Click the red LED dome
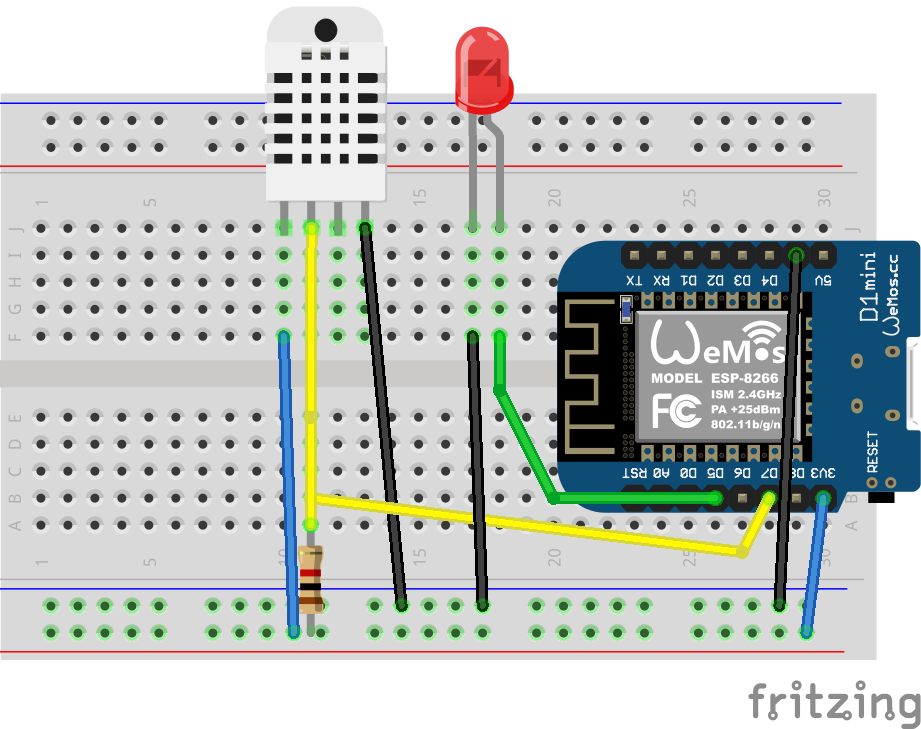(483, 68)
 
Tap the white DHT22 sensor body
(325, 110)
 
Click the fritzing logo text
(835, 702)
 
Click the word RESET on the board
(872, 451)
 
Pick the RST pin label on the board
(633, 471)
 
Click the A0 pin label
(660, 471)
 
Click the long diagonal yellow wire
(530, 524)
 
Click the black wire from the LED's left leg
(478, 470)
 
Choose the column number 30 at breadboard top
(824, 197)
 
